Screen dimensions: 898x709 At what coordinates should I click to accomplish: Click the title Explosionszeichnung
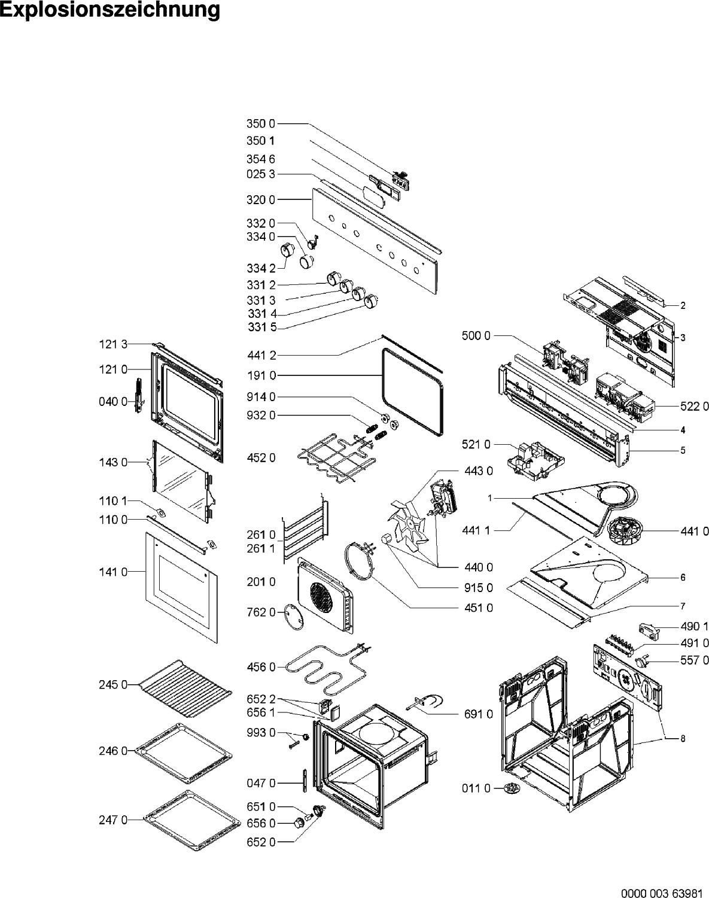110,11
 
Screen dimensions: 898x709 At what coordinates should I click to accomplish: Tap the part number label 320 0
261,200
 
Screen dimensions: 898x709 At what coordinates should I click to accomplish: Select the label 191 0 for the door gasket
261,376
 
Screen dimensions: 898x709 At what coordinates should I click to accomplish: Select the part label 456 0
261,667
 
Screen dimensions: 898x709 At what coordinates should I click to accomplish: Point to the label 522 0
694,406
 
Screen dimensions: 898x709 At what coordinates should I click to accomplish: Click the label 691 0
478,714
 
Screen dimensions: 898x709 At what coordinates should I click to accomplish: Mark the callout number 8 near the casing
682,739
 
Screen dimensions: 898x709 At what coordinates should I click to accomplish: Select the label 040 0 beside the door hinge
113,401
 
